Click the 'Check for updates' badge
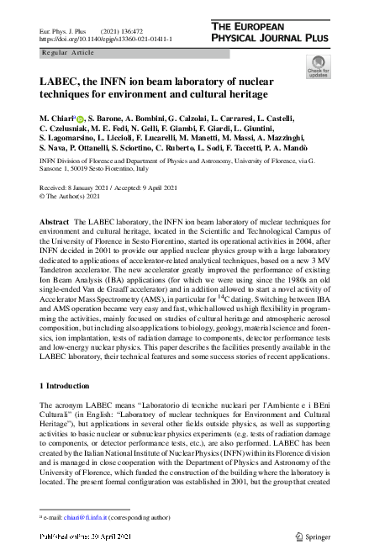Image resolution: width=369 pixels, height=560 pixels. (x=318, y=67)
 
